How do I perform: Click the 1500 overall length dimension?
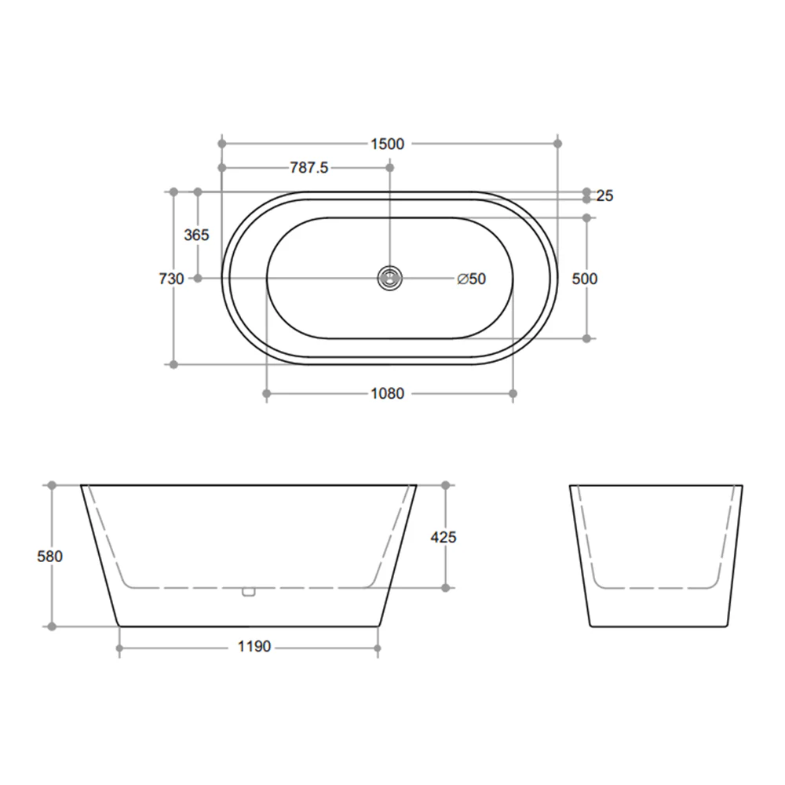[x=387, y=144]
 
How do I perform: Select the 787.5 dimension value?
[x=309, y=168]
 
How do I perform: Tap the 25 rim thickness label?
[x=604, y=195]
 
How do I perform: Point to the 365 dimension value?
[x=196, y=235]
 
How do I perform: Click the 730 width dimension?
[x=171, y=278]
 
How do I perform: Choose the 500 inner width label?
[x=585, y=278]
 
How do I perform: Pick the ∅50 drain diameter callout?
[x=471, y=279]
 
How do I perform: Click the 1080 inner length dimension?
[x=387, y=393]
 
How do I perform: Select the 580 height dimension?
[x=49, y=556]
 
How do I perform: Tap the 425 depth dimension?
[x=444, y=537]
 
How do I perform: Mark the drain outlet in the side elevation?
[x=249, y=592]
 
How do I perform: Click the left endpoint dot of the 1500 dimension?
[x=222, y=144]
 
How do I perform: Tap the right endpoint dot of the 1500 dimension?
[x=558, y=144]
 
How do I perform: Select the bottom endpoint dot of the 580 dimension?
[x=53, y=626]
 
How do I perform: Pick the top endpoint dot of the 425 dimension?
[x=446, y=486]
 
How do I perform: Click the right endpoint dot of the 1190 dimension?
[x=378, y=648]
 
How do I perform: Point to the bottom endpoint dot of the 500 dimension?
[x=586, y=338]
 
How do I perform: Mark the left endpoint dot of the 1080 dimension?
[x=267, y=393]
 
